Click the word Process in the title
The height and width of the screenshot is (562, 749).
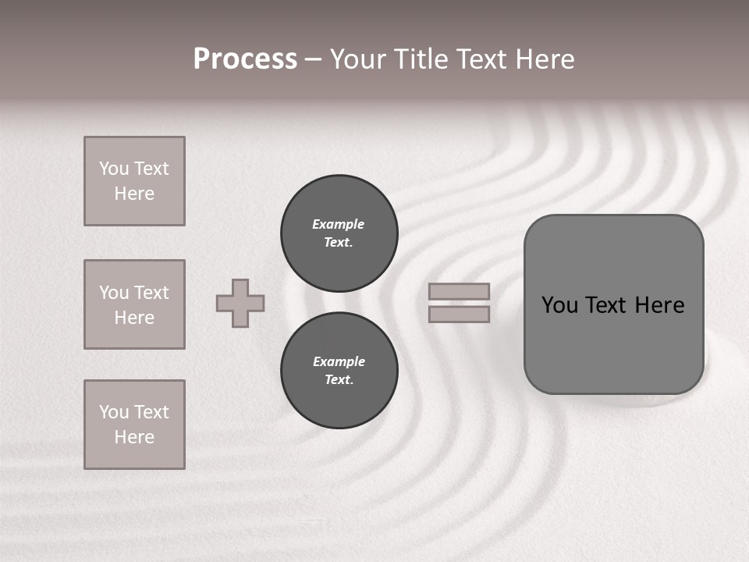(x=245, y=59)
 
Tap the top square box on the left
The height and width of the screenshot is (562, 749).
(x=134, y=181)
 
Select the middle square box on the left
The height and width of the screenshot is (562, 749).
(x=134, y=304)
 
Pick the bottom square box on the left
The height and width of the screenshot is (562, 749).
(x=134, y=425)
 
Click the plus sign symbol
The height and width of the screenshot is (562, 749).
(x=240, y=303)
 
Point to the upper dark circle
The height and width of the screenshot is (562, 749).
(x=339, y=233)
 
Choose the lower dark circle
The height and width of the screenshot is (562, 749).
(x=339, y=371)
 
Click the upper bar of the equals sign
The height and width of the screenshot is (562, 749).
(x=459, y=291)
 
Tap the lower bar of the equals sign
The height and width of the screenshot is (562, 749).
(x=459, y=314)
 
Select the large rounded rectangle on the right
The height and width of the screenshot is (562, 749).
(x=613, y=343)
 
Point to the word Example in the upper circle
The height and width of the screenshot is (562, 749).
(x=338, y=224)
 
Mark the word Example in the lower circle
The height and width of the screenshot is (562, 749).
(x=339, y=361)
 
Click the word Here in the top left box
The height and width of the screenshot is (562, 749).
(x=134, y=194)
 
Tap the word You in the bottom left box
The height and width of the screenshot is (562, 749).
(x=114, y=412)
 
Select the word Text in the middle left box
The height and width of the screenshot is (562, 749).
(x=151, y=293)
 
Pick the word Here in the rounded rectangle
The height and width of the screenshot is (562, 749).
(x=659, y=305)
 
